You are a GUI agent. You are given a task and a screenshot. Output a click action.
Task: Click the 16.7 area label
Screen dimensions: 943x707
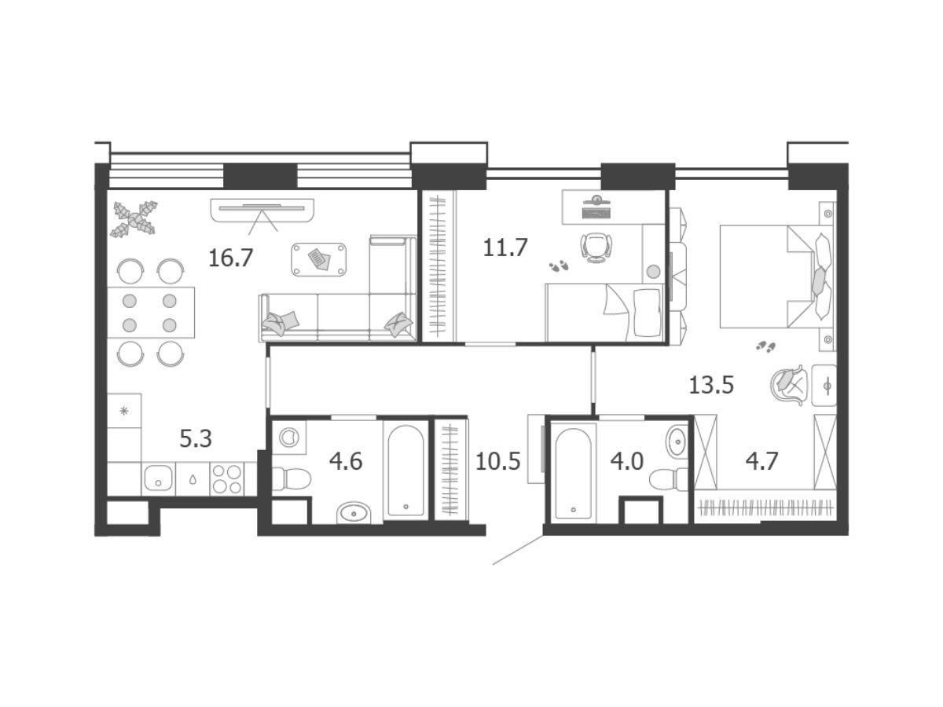[231, 258]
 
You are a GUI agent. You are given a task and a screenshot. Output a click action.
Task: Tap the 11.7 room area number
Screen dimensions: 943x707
[505, 247]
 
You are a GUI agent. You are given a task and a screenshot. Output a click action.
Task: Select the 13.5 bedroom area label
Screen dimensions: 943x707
[711, 385]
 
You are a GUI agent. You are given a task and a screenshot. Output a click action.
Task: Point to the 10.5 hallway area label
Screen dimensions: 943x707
[498, 461]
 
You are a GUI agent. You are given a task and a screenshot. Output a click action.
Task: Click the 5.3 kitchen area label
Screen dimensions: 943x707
[196, 438]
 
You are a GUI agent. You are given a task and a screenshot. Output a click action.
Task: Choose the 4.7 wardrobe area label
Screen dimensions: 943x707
[761, 461]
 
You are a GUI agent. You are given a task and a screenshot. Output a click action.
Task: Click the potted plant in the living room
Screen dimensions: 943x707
[134, 219]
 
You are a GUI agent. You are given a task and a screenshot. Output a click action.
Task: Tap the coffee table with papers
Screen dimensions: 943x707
[319, 259]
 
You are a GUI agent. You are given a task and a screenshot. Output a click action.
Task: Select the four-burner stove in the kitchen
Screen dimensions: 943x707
[227, 478]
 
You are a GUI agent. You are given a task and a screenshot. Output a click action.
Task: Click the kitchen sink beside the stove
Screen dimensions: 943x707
[158, 478]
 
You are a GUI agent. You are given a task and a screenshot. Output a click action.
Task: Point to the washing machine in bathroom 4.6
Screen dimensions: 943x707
[288, 437]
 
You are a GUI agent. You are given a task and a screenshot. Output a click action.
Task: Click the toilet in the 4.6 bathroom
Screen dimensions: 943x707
[291, 478]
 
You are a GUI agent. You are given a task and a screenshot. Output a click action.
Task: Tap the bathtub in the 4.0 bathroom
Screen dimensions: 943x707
[574, 473]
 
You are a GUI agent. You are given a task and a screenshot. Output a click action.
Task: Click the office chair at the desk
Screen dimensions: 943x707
[596, 247]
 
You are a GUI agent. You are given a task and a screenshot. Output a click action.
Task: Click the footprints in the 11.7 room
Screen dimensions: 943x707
[559, 266]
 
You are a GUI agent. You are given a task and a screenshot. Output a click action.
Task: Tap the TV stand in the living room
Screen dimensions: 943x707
[262, 211]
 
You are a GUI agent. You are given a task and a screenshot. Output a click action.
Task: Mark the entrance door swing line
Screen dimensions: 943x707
[519, 550]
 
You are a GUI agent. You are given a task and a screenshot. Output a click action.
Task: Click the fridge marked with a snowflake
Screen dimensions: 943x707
[124, 411]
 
